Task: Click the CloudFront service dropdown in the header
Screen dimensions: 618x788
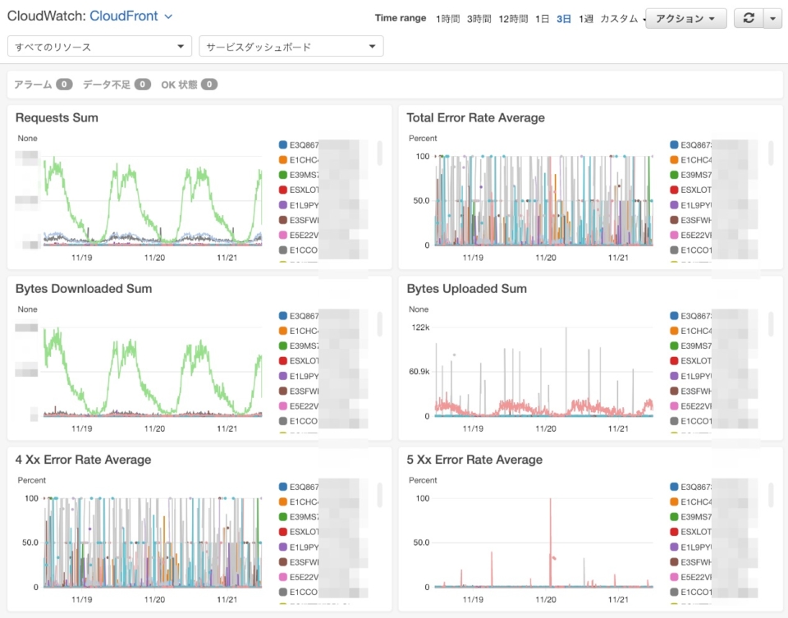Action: (131, 16)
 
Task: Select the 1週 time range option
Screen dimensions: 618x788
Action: (585, 19)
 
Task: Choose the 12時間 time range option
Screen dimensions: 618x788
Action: (513, 19)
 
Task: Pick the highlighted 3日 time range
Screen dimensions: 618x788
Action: (564, 19)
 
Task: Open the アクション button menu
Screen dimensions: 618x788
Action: (685, 18)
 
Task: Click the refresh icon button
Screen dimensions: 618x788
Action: (748, 18)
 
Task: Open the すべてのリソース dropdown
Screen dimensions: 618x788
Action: (99, 47)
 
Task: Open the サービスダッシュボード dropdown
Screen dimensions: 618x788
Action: (291, 47)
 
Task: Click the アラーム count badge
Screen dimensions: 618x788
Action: (64, 85)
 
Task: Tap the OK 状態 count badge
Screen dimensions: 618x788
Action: (209, 85)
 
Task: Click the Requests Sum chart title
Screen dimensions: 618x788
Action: (57, 118)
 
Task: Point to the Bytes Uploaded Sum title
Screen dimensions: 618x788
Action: (466, 289)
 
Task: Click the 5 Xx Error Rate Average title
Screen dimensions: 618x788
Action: (474, 460)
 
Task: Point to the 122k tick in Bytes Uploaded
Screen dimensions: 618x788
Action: (420, 327)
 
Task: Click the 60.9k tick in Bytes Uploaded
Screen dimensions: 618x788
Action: (419, 372)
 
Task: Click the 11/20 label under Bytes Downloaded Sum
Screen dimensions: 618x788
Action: (154, 428)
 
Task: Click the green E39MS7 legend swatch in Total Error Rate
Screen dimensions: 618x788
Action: (675, 175)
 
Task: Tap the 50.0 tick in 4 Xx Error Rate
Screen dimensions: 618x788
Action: (30, 542)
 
